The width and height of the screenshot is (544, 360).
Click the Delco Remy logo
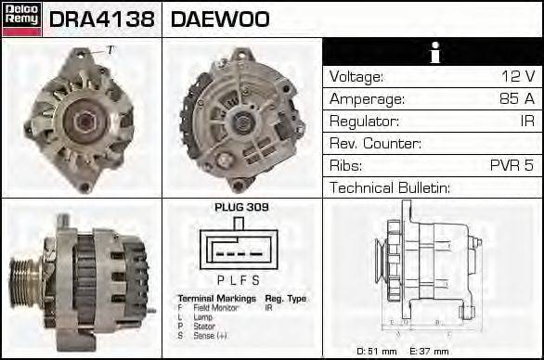(x=21, y=19)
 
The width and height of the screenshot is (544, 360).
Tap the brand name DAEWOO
(x=220, y=19)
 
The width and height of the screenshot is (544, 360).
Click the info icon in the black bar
(x=433, y=52)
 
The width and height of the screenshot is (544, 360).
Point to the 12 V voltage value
(x=517, y=76)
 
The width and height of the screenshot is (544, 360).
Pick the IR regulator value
(x=526, y=121)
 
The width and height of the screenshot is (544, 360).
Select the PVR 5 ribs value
(x=512, y=165)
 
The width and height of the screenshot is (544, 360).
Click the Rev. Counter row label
(x=375, y=143)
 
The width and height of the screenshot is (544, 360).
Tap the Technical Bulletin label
(x=390, y=187)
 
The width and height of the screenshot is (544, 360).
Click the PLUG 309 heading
(x=241, y=207)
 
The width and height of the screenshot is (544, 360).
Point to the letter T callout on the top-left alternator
(x=110, y=49)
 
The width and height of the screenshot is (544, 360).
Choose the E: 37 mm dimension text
(x=428, y=351)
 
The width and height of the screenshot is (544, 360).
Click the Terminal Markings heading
(x=216, y=299)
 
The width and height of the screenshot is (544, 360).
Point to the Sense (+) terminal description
(x=210, y=335)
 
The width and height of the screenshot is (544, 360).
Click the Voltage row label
(x=356, y=76)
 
